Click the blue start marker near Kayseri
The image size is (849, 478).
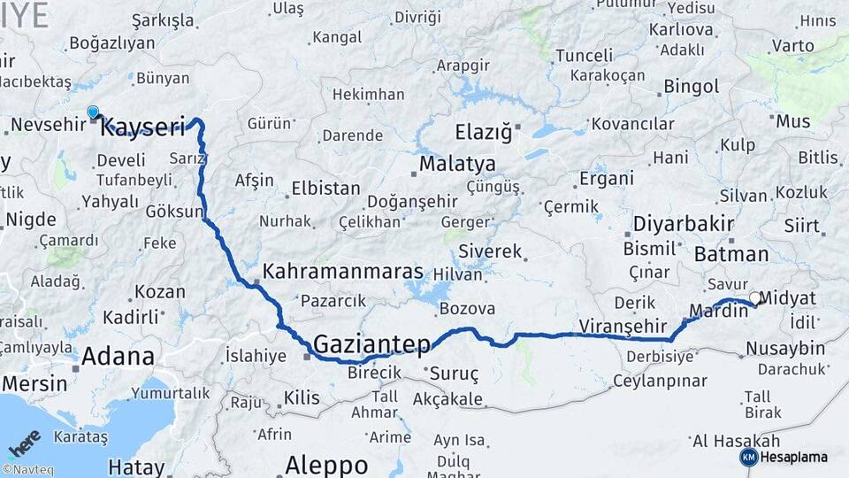93,112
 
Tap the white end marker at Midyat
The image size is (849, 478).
754,298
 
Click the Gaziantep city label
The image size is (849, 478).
371,343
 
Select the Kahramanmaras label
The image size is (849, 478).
343,271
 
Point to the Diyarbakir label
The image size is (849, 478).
684,223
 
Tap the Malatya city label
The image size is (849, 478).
457,164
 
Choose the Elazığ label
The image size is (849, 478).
483,133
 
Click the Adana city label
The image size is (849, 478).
119,357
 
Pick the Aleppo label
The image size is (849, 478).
326,465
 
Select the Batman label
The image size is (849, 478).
731,254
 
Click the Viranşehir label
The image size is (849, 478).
621,326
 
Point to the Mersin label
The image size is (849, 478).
34,383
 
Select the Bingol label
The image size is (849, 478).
685,87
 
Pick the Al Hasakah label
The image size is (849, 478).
736,441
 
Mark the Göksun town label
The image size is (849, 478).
175,213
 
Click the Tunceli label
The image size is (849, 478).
584,56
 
